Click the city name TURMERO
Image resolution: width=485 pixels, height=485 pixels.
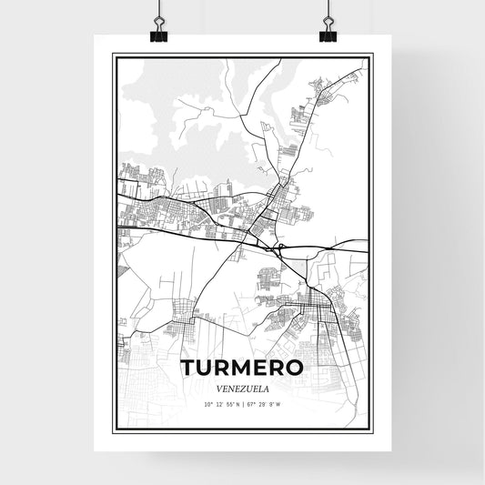241,369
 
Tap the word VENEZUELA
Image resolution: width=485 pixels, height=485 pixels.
241,388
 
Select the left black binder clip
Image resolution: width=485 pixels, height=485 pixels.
159,36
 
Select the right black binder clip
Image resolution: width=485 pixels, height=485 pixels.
328,36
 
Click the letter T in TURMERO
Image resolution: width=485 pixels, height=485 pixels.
188,369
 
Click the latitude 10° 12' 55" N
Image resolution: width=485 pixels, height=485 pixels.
221,403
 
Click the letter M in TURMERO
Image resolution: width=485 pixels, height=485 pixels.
240,369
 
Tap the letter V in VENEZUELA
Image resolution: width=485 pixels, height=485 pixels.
218,388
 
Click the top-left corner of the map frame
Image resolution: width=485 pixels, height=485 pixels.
113,55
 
